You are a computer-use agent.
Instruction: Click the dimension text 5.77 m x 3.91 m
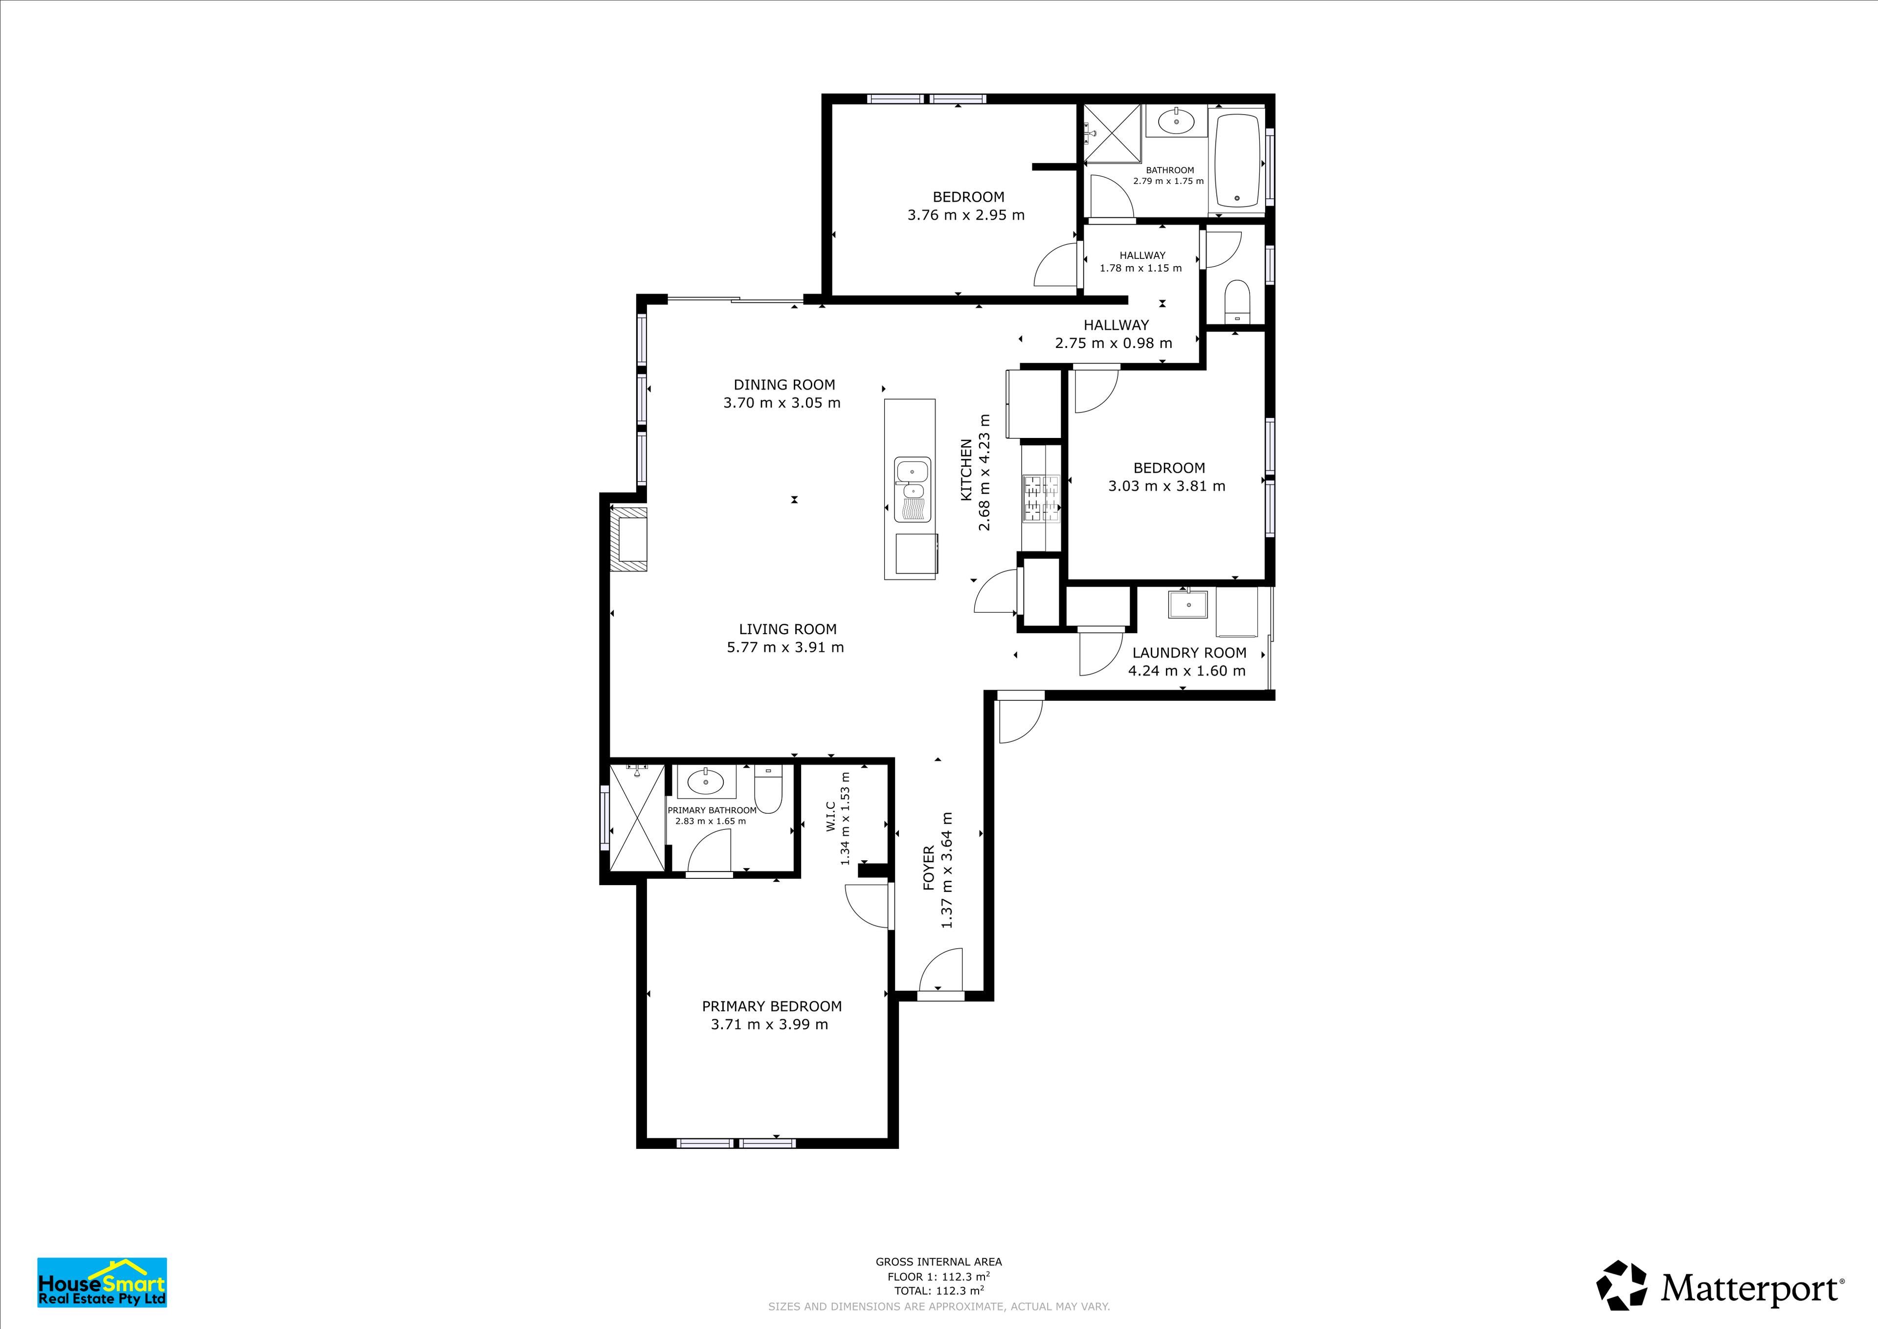coord(785,647)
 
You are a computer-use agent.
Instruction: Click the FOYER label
coord(928,868)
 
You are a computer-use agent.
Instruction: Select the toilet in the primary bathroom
coord(768,787)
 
